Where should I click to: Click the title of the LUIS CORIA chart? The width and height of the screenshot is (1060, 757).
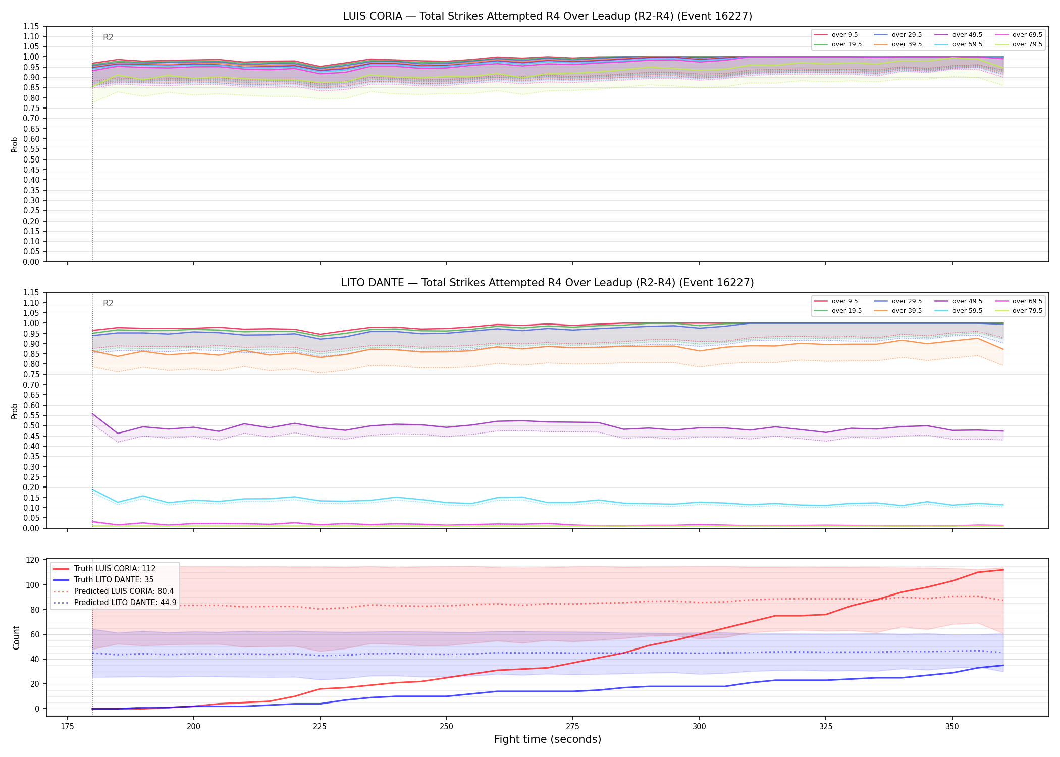[x=548, y=16]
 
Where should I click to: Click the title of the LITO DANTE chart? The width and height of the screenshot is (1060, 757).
[x=548, y=283]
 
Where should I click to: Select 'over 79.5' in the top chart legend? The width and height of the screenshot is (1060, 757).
[x=1027, y=44]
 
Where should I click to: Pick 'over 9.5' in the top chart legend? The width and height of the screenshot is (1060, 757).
[x=844, y=35]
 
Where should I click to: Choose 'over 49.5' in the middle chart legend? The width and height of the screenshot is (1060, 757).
[x=967, y=301]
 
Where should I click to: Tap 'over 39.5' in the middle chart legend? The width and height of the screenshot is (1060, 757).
[x=907, y=311]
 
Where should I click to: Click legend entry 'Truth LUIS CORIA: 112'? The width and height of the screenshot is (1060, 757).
[x=115, y=569]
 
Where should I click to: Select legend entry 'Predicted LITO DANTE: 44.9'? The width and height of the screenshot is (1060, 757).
[x=125, y=603]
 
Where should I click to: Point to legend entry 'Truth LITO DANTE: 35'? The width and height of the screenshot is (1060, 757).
[x=114, y=580]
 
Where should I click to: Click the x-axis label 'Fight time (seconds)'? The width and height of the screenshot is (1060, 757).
[x=548, y=739]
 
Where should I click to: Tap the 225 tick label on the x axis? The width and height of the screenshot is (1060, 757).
[x=320, y=727]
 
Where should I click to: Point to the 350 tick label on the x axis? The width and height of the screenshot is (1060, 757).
[x=952, y=727]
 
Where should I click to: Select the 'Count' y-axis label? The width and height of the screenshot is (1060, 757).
[x=16, y=637]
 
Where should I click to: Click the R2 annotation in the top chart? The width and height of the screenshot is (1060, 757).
[x=108, y=37]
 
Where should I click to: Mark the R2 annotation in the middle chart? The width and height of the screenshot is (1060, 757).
[x=108, y=303]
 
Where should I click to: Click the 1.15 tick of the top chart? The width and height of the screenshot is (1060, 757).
[x=32, y=26]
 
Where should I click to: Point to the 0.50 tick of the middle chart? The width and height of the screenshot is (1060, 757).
[x=32, y=425]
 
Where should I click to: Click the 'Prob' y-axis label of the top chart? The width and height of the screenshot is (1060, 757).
[x=15, y=145]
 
